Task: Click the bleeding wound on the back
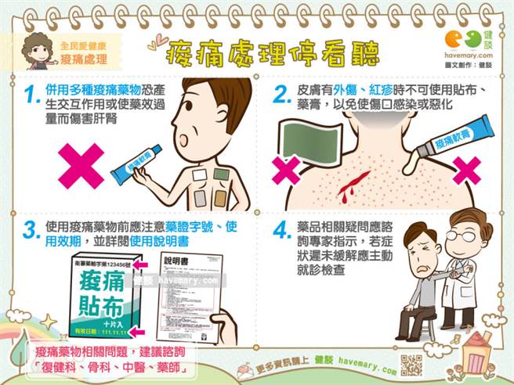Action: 347,185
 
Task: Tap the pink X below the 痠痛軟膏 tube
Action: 467,170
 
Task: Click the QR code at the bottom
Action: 411,364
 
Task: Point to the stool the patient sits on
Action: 414,316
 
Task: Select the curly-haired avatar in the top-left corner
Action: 39,49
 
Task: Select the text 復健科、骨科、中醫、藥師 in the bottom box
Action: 114,366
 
